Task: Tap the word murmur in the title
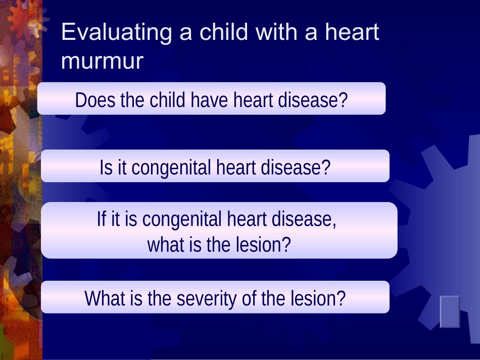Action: coord(102,61)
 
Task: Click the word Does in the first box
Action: coord(95,100)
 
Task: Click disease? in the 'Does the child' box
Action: coord(313,100)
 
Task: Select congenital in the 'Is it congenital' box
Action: coord(171,168)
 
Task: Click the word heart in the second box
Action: coord(236,167)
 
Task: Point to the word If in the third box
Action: coord(102,219)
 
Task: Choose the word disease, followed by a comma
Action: coord(304,220)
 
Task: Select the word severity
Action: coord(207,299)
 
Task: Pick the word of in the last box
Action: coord(249,298)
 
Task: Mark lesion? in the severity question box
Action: coord(318,298)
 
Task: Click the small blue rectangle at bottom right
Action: coord(450,312)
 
